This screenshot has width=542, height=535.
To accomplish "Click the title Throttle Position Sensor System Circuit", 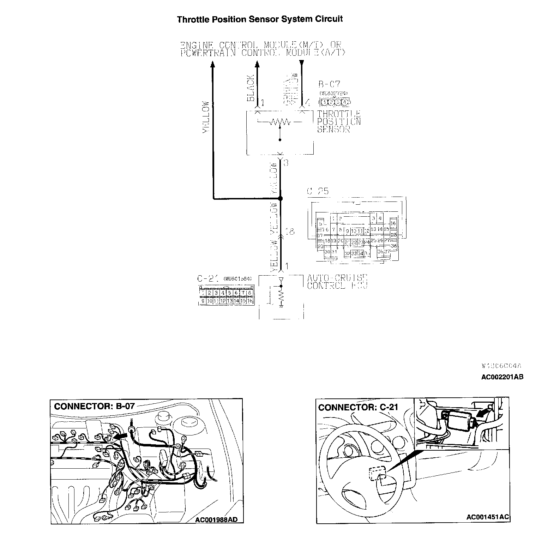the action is click(260, 19).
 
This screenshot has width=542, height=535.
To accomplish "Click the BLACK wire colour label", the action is click(251, 88).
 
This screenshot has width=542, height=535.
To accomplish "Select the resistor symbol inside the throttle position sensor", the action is click(280, 122).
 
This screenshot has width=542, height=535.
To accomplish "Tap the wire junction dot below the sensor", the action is click(281, 199).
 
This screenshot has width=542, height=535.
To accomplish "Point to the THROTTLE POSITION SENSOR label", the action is click(339, 121).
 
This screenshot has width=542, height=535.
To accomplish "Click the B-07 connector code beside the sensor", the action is click(329, 85).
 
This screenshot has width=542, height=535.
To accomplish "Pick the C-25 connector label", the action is click(318, 191).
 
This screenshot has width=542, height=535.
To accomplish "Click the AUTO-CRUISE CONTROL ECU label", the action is click(337, 282).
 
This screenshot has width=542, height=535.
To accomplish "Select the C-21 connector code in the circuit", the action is click(208, 279).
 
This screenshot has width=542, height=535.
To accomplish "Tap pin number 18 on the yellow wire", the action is click(289, 232).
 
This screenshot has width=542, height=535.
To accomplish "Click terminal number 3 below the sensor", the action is click(286, 163).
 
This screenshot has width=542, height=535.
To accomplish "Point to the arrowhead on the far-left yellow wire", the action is click(213, 64).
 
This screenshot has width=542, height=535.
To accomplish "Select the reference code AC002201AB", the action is click(502, 377).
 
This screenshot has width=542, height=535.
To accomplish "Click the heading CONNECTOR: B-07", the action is click(95, 406).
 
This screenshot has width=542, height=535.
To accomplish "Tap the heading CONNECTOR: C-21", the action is click(358, 407).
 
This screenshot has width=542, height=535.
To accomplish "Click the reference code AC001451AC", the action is click(487, 517).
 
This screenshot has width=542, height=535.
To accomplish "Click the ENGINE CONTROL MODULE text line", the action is click(260, 45).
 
